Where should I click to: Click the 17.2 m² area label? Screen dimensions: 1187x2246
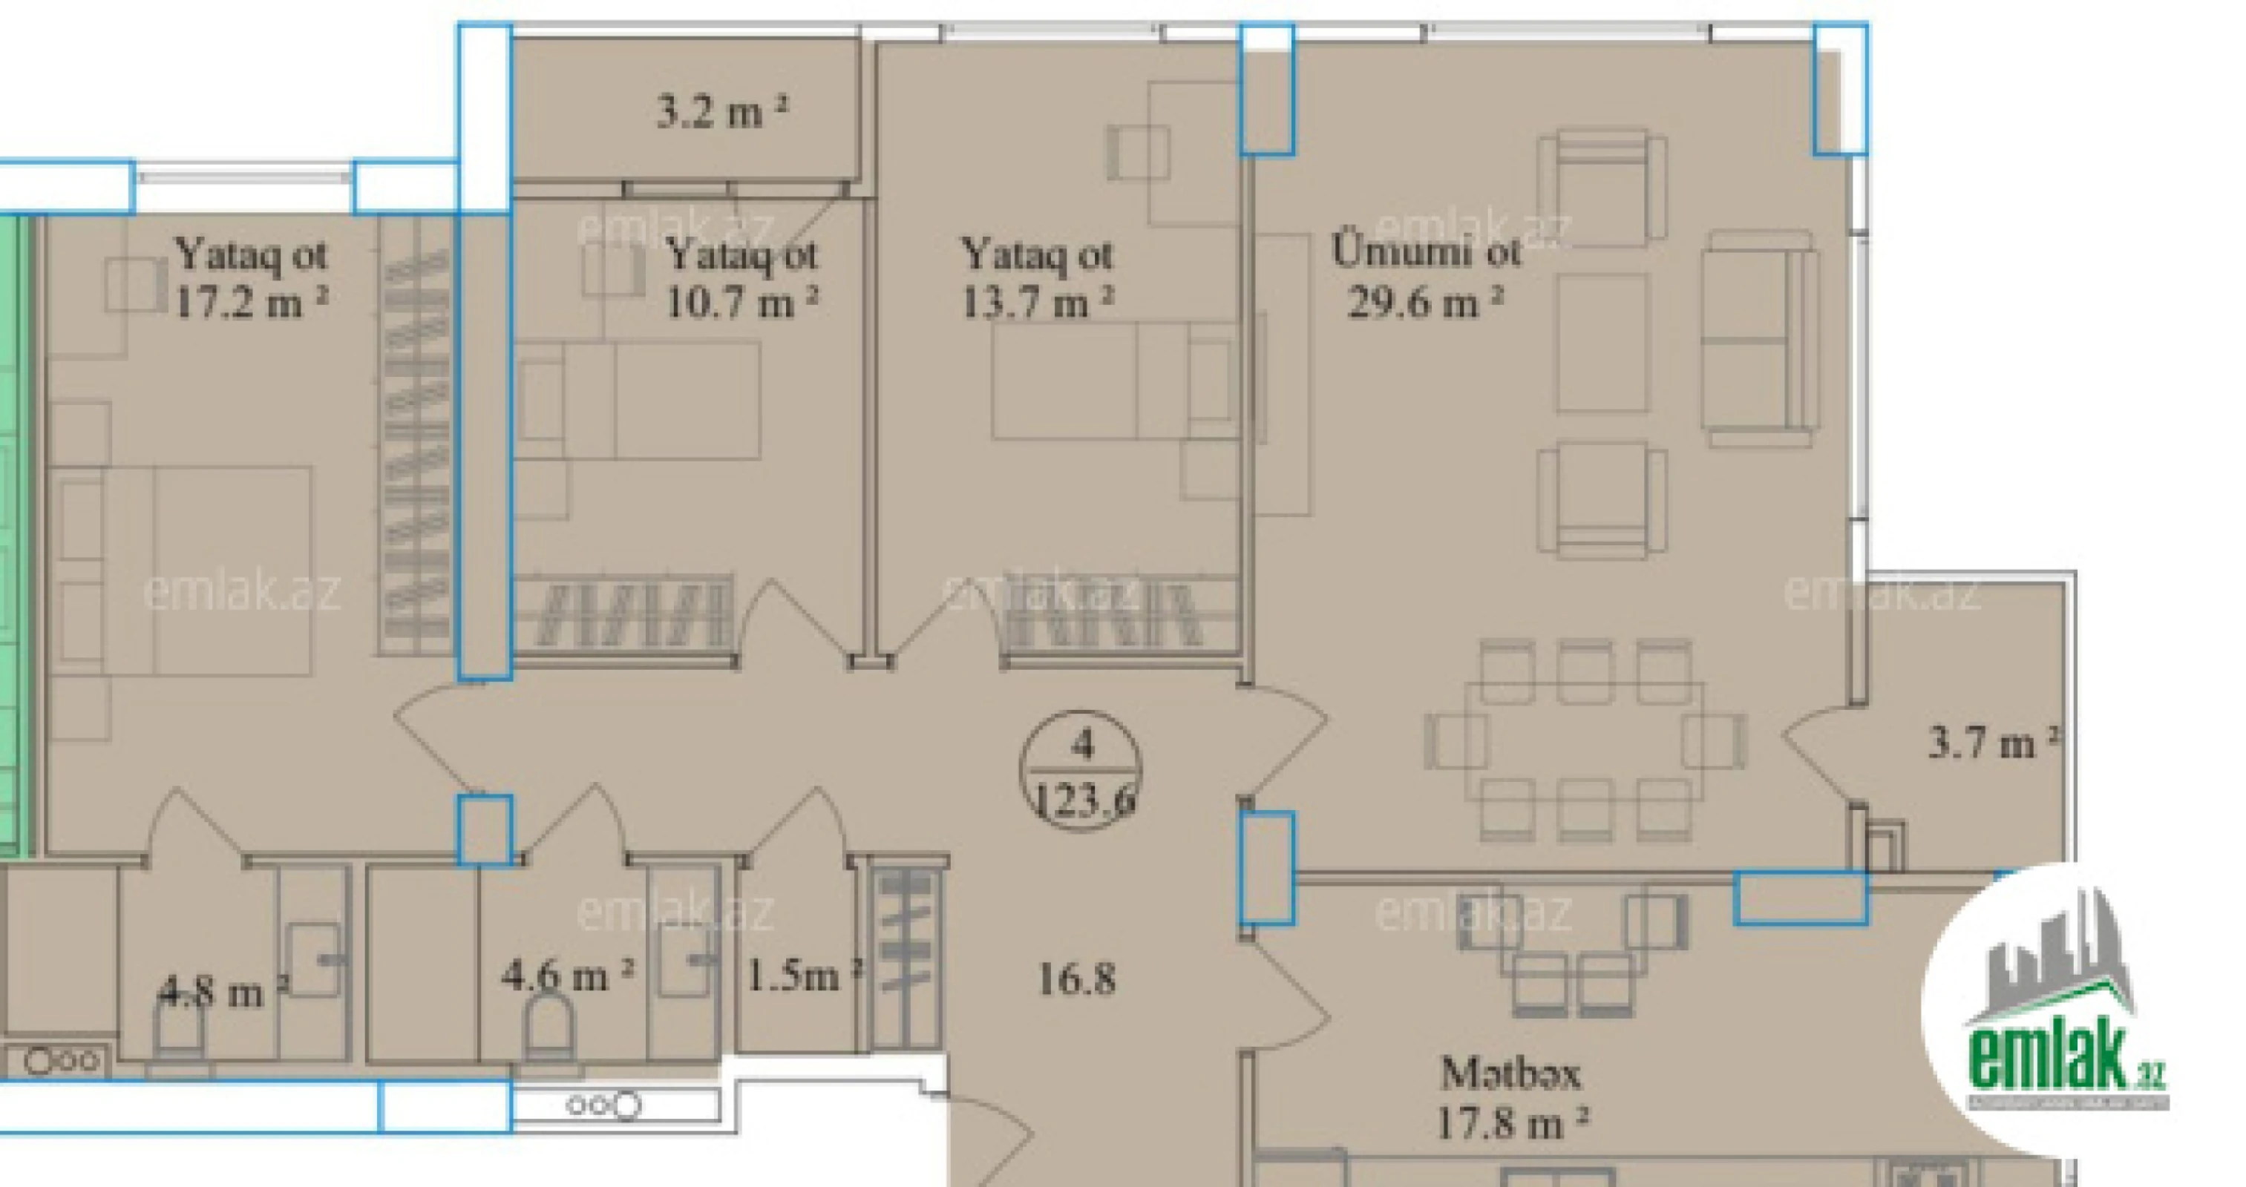[x=251, y=303]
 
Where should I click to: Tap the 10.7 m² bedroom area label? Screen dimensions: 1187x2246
[x=741, y=303]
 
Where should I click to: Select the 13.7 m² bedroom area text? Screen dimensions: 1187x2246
[x=1036, y=303]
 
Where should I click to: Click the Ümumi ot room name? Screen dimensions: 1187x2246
[x=1426, y=253]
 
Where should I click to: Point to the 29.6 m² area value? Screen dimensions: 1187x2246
[x=1426, y=303]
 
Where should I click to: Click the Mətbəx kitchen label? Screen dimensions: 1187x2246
[x=1510, y=1073]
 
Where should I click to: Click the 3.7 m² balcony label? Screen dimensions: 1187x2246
[x=1992, y=743]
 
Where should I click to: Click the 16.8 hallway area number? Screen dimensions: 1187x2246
[x=1077, y=979]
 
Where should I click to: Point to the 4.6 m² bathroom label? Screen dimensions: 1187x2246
[x=567, y=974]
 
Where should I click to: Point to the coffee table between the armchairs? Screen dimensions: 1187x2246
[x=1602, y=343]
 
